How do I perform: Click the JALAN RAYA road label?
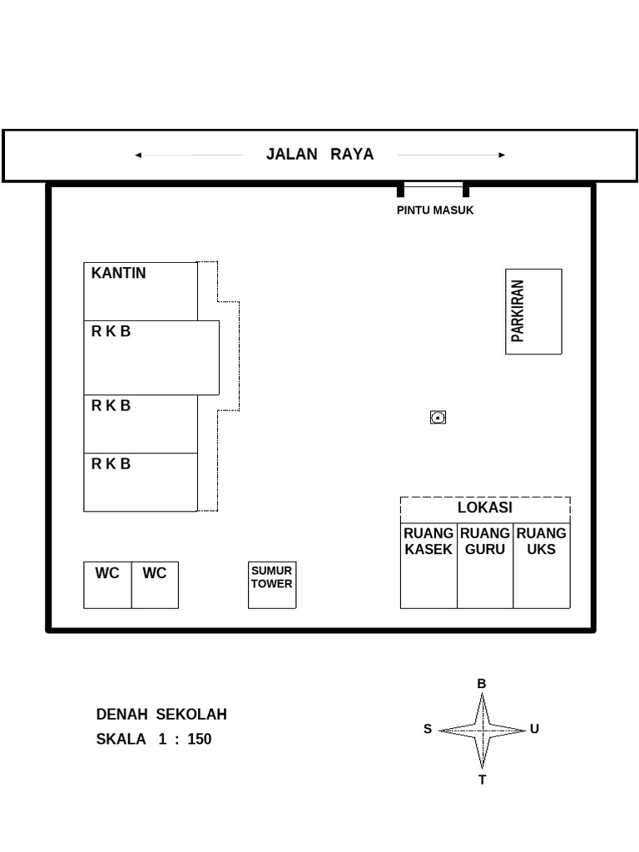[319, 154]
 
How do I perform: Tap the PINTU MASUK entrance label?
[434, 211]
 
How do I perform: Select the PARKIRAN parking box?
[533, 311]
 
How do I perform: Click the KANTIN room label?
[118, 273]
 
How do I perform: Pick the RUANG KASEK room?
[428, 566]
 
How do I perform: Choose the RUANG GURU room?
[485, 566]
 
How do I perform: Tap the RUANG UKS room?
[542, 566]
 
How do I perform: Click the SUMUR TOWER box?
[272, 585]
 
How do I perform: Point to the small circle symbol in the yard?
[438, 417]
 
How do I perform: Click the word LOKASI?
[485, 508]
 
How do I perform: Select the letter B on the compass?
[482, 684]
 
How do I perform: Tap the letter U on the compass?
[534, 729]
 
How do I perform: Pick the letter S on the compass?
[428, 730]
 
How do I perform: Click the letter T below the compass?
[482, 780]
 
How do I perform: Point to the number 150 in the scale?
[200, 739]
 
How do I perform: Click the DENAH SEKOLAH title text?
[161, 715]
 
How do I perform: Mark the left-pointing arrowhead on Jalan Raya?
[138, 155]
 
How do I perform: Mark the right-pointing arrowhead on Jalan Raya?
[502, 155]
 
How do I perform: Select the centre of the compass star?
[482, 731]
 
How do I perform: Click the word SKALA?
[121, 739]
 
